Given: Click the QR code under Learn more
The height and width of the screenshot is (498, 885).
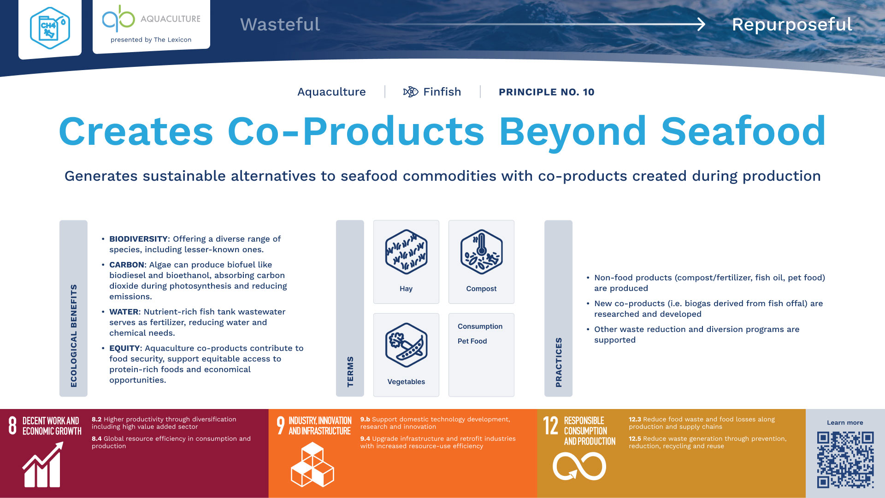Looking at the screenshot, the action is click(845, 460).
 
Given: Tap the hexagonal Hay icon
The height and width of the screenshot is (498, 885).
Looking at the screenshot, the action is click(406, 252).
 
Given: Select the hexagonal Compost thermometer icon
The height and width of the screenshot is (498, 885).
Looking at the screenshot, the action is click(481, 252).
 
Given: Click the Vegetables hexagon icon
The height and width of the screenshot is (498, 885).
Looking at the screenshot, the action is click(406, 345).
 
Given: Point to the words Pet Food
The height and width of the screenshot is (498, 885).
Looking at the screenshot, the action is click(472, 341).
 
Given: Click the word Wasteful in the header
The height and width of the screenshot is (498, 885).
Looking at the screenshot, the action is click(280, 24).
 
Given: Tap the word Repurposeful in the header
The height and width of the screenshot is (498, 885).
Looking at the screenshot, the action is click(792, 25).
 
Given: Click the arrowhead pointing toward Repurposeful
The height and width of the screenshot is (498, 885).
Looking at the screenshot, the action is click(701, 24).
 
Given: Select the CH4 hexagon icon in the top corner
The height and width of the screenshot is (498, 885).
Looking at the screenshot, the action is click(50, 28).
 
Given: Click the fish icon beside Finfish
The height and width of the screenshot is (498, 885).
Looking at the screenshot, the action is click(410, 92).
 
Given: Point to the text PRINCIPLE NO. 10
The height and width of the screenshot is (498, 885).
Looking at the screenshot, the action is click(546, 92).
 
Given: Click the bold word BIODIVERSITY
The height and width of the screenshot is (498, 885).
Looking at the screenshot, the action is click(138, 239).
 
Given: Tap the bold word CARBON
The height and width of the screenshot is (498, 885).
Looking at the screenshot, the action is click(127, 265).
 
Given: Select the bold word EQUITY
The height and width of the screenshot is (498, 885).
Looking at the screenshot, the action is click(124, 348).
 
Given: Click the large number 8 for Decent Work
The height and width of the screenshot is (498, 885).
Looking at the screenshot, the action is click(12, 426).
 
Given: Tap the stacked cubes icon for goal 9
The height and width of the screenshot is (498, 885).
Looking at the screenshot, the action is click(312, 465).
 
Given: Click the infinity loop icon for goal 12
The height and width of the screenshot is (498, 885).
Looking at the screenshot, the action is click(579, 466).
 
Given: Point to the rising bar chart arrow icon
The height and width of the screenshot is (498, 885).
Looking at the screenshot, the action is click(42, 464).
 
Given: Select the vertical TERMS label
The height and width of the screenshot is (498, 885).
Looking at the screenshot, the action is click(350, 372).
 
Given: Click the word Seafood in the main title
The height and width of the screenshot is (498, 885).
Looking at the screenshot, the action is click(743, 131).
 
